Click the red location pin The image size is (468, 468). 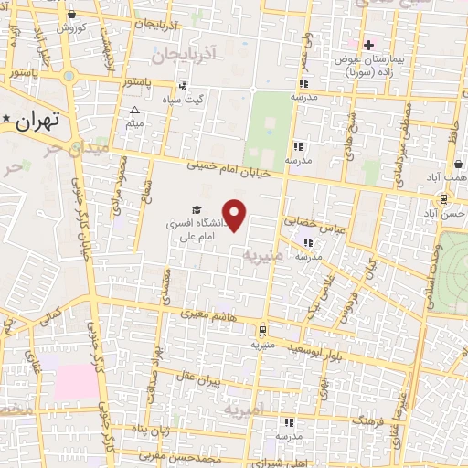(236, 216)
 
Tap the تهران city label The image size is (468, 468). (37, 119)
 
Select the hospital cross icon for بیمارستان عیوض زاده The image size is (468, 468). (369, 44)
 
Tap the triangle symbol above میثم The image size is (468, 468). (135, 110)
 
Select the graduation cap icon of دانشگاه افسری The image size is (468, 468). (197, 209)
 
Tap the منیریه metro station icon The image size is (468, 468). (262, 330)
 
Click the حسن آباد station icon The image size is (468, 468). (443, 198)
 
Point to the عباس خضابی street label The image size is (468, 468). (313, 222)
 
